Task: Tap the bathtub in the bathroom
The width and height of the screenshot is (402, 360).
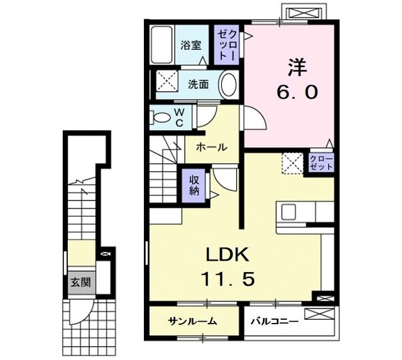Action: pos(163,45)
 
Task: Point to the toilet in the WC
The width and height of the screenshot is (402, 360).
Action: pos(162,117)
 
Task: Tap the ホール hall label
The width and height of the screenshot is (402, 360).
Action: pos(212,147)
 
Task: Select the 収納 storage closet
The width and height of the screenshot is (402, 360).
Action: pos(195,184)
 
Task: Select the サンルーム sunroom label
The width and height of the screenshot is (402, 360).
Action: pos(192,322)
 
